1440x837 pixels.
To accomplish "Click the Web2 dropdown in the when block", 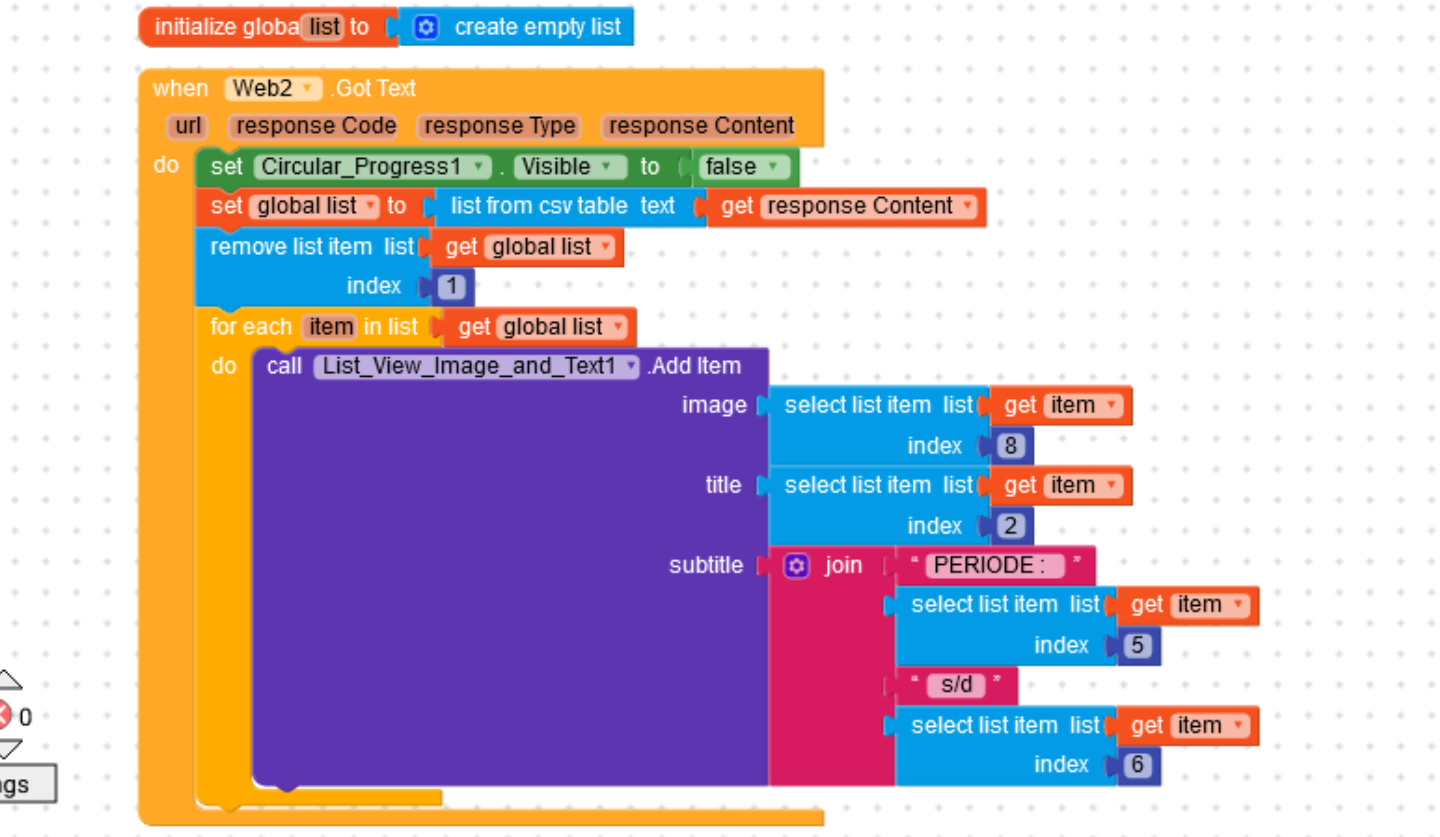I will point(272,89).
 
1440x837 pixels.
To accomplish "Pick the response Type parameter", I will point(499,126).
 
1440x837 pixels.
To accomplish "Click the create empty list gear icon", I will point(426,27).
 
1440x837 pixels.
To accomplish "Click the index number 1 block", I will point(451,286).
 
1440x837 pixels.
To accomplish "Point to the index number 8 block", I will point(1010,446).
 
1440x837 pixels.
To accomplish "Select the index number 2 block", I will point(1010,526).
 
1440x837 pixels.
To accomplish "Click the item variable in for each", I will point(330,327).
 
